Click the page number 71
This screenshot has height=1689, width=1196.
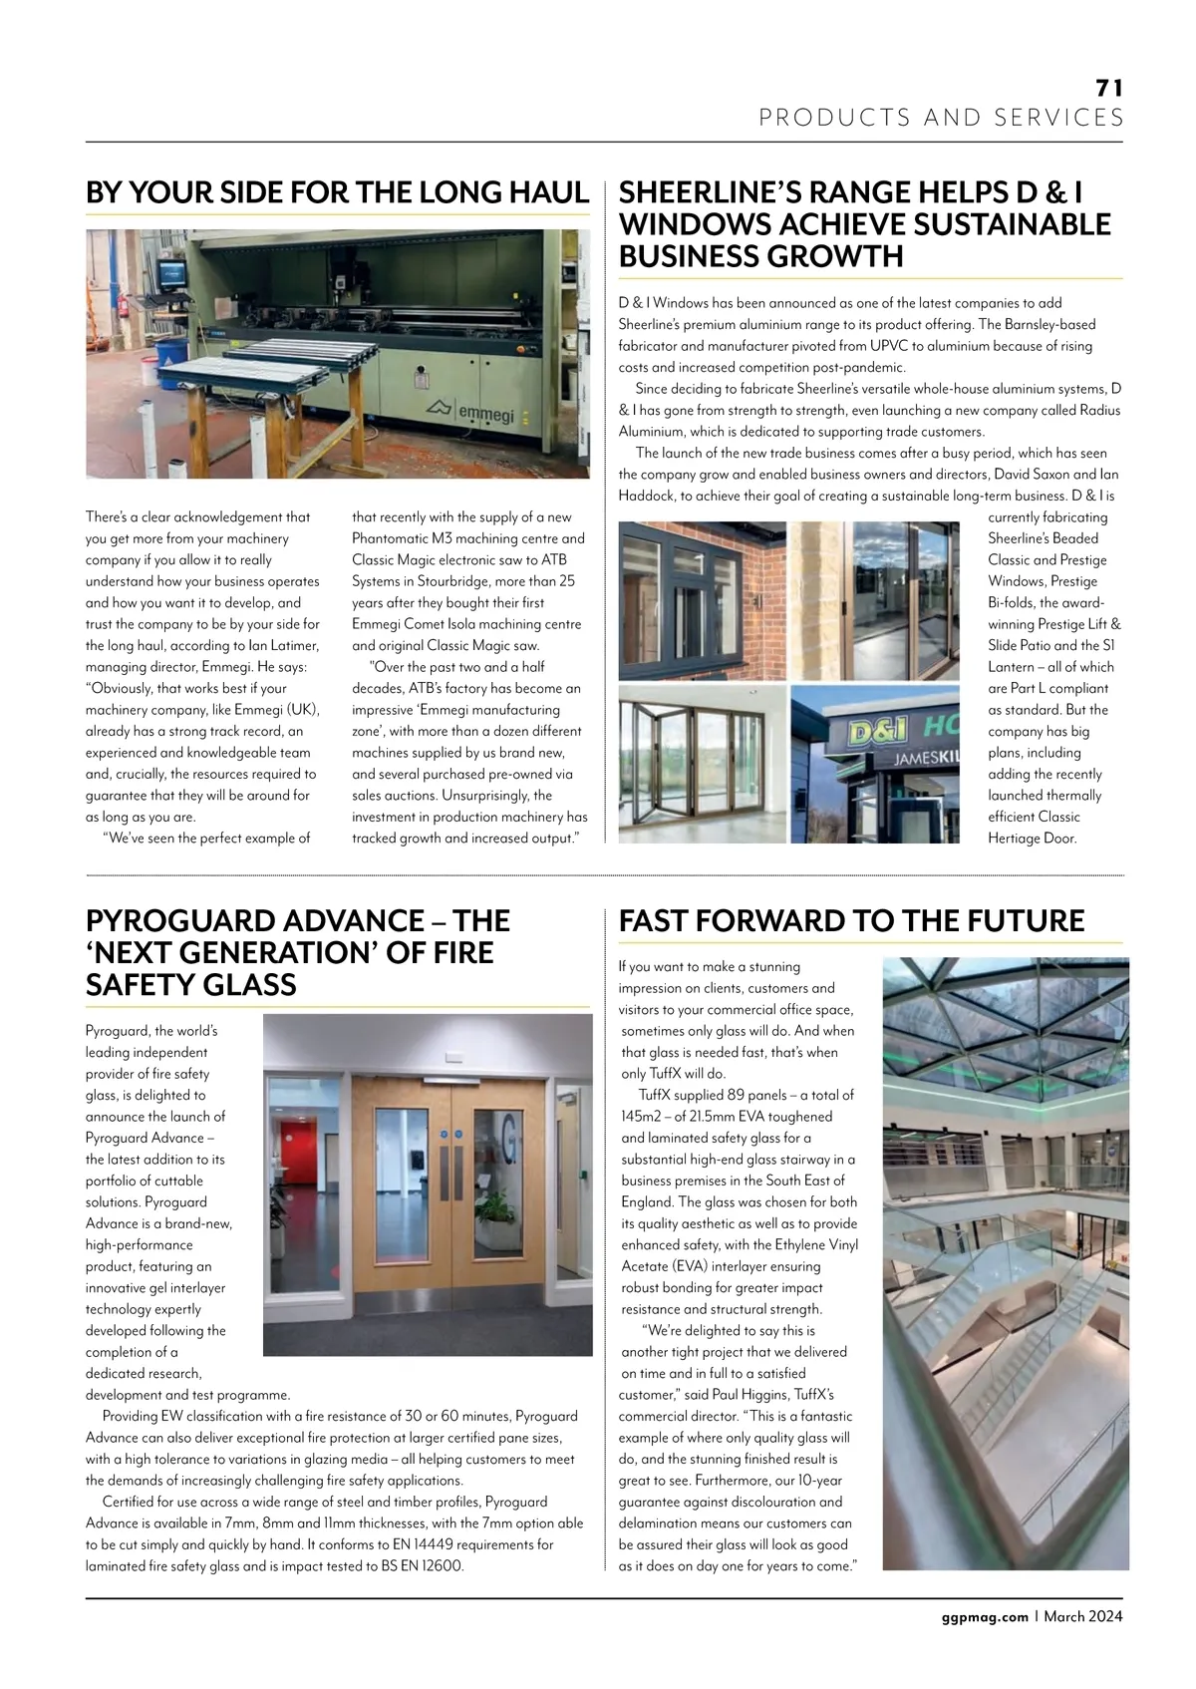click(1109, 88)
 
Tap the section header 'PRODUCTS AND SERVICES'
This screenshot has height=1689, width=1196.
click(941, 118)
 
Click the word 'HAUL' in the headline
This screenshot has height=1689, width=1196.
click(548, 192)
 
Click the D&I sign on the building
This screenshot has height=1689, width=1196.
click(877, 734)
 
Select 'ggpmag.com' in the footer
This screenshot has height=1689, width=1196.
click(984, 1616)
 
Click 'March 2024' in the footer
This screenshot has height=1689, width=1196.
click(1083, 1616)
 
